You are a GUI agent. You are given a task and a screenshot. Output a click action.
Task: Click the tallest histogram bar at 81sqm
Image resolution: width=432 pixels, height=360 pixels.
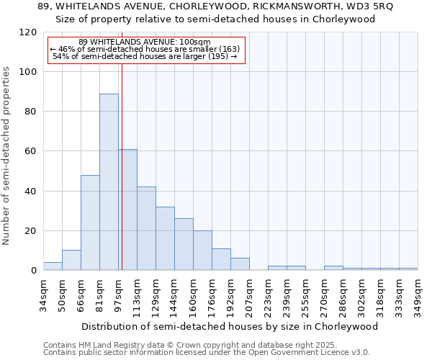pos(109,181)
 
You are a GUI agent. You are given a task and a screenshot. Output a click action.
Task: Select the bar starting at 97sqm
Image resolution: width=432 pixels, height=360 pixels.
pos(128,210)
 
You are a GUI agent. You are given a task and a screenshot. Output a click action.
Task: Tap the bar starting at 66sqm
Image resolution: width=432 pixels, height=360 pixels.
pos(90,222)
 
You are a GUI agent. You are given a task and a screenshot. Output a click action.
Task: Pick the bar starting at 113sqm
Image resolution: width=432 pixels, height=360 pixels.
pos(146,228)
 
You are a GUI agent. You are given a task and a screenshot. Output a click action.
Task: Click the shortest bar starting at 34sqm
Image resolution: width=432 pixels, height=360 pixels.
pos(53,266)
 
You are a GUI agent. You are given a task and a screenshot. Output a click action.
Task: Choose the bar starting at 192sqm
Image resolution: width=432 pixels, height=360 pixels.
pos(240,264)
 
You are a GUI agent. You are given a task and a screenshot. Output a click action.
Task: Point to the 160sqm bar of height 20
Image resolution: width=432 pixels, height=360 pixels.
pos(202,251)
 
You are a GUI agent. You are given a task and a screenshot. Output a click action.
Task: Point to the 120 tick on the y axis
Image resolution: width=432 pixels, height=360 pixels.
pos(28,32)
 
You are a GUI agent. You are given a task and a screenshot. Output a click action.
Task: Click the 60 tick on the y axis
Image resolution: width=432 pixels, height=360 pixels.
pos(31,151)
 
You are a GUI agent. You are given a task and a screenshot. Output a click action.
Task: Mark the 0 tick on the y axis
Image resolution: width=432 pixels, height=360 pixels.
pos(34,271)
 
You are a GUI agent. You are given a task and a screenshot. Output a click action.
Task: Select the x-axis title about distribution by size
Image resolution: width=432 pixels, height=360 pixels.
pos(230,326)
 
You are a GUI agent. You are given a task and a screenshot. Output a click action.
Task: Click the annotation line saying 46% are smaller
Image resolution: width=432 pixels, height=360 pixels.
pos(145,49)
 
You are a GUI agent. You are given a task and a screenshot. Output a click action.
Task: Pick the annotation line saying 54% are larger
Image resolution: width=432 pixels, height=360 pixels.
pos(145,56)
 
